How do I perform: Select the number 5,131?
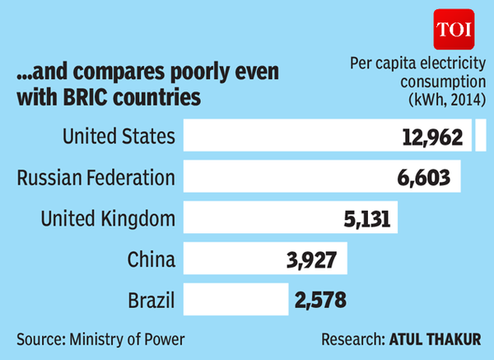click(x=363, y=219)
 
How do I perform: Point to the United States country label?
click(x=119, y=136)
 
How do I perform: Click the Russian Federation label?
click(x=96, y=177)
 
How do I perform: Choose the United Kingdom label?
click(x=109, y=218)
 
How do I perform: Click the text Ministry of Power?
click(x=129, y=339)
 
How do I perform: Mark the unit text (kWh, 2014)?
click(x=444, y=99)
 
